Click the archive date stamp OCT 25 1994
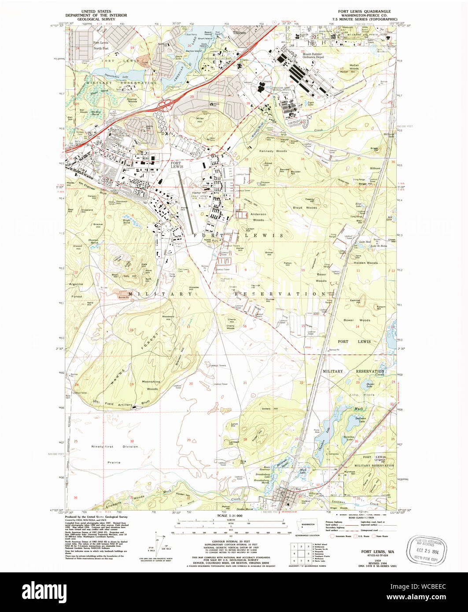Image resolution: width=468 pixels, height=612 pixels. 427,549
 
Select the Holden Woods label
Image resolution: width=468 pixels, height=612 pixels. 365,263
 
